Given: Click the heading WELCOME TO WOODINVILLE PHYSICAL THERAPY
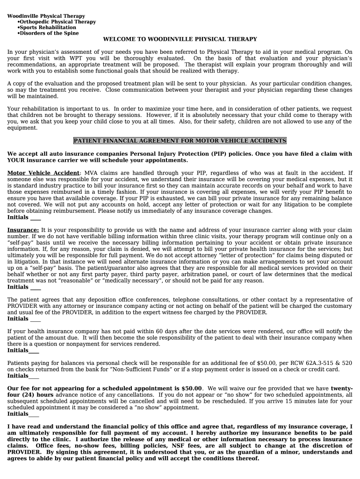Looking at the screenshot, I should [x=180, y=39].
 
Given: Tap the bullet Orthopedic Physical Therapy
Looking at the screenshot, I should [x=58, y=22].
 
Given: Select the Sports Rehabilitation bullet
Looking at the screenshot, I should [x=48, y=28].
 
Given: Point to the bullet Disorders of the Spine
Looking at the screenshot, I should [x=49, y=33].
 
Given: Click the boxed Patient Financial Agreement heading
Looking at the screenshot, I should [x=180, y=141].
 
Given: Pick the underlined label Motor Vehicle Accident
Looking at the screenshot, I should [x=43, y=173].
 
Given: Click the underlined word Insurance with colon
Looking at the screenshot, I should [x=23, y=230].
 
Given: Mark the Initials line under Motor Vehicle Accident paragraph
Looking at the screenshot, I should [x=36, y=218].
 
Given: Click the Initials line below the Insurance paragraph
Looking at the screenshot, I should [x=36, y=287].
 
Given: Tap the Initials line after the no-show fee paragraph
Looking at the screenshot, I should [x=34, y=414].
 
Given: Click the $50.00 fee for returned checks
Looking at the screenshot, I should [x=267, y=363].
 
